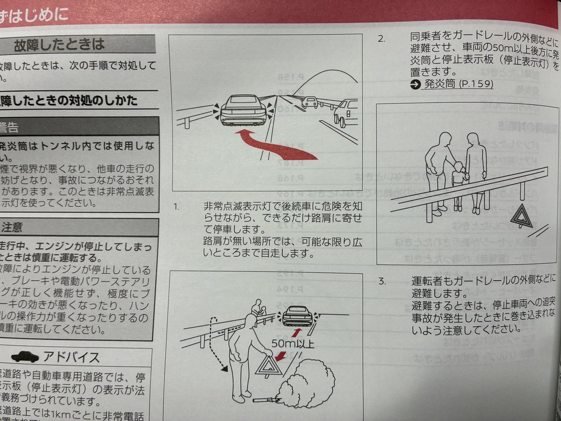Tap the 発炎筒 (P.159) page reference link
tap(451, 85)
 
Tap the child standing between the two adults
tap(459, 182)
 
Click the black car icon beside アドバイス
tap(25, 356)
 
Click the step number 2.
tap(382, 39)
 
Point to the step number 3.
tap(382, 282)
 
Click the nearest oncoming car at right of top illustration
tap(346, 112)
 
